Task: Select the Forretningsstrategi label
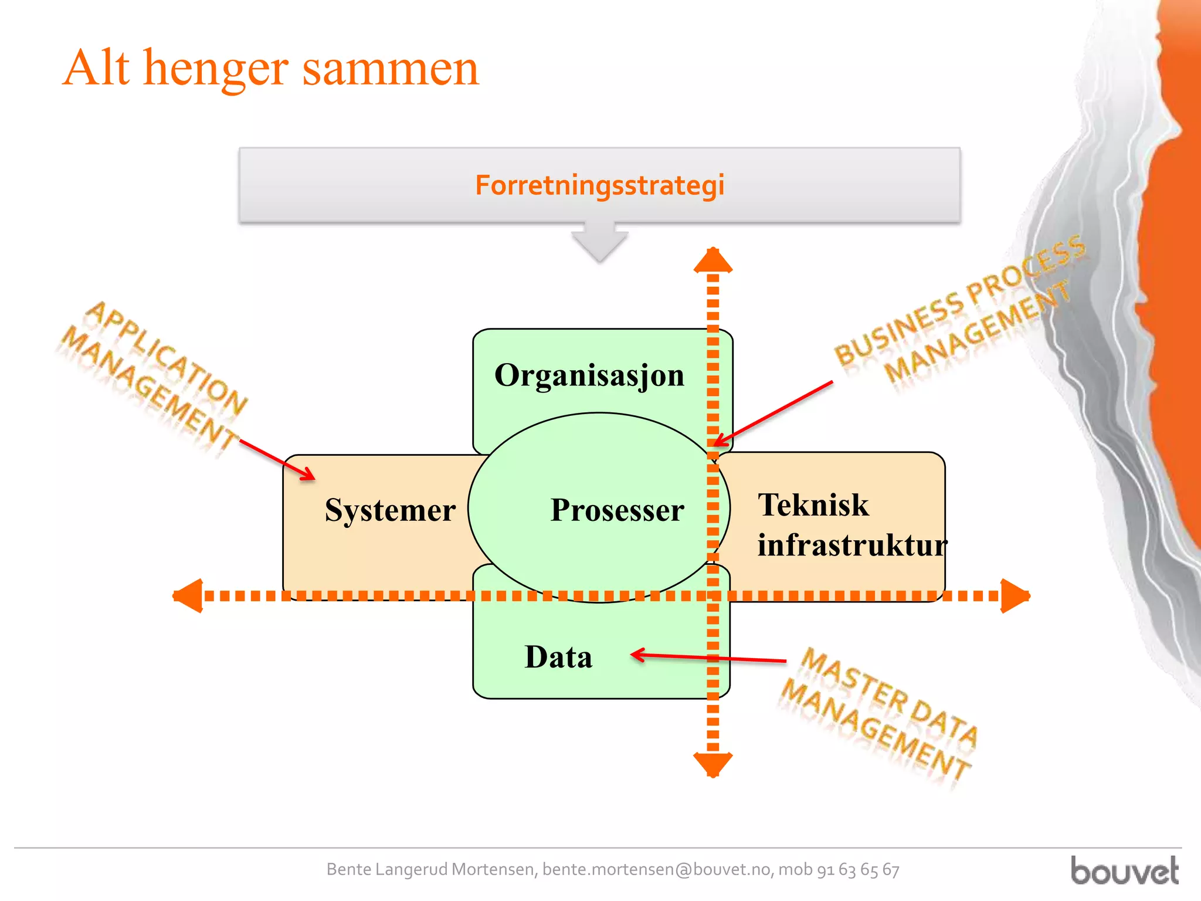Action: coord(599,185)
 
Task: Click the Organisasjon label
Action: coord(589,375)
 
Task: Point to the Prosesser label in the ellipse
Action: coord(617,510)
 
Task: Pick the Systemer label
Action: coord(390,510)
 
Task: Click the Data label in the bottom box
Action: coord(558,657)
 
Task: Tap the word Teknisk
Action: coord(813,505)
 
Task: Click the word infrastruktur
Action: coord(851,546)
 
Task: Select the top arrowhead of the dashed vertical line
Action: coord(713,261)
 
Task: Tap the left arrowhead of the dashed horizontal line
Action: coord(189,596)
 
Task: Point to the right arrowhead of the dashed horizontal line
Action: coord(1015,596)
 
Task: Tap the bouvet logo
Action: coord(1124,870)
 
